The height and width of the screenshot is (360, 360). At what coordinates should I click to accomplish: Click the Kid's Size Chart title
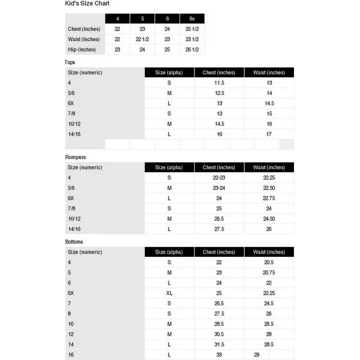pyautogui.click(x=87, y=3)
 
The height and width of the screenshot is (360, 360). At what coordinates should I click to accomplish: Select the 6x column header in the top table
pyautogui.click(x=192, y=19)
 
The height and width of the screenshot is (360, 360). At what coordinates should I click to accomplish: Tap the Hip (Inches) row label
pyautogui.click(x=82, y=50)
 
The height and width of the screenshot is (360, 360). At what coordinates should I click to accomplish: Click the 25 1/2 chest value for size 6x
pyautogui.click(x=192, y=29)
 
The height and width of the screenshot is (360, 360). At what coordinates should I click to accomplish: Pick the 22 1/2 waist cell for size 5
pyautogui.click(x=142, y=39)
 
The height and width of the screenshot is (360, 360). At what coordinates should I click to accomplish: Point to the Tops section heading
pyautogui.click(x=70, y=62)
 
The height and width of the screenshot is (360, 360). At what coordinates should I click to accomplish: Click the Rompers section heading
pyautogui.click(x=75, y=157)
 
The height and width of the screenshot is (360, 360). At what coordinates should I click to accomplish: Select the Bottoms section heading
pyautogui.click(x=74, y=242)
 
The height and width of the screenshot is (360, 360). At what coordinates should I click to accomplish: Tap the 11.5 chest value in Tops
pyautogui.click(x=219, y=83)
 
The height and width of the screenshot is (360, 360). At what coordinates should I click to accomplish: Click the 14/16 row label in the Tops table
pyautogui.click(x=74, y=134)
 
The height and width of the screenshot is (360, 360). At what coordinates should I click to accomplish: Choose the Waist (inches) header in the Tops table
pyautogui.click(x=269, y=73)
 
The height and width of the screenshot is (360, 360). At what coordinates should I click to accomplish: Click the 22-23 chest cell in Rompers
pyautogui.click(x=219, y=178)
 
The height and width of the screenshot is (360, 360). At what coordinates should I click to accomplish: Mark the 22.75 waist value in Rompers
pyautogui.click(x=269, y=198)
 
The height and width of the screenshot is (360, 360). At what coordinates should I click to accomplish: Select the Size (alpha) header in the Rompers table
pyautogui.click(x=169, y=167)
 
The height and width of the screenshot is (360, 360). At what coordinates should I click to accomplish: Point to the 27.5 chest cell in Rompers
pyautogui.click(x=219, y=229)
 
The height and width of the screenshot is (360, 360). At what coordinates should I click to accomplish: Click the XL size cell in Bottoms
pyautogui.click(x=169, y=293)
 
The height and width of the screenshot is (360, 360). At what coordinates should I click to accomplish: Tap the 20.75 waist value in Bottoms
pyautogui.click(x=269, y=273)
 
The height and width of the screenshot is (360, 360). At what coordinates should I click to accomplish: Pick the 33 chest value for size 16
pyautogui.click(x=219, y=355)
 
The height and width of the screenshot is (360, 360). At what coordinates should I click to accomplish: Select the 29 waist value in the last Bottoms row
pyautogui.click(x=256, y=355)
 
